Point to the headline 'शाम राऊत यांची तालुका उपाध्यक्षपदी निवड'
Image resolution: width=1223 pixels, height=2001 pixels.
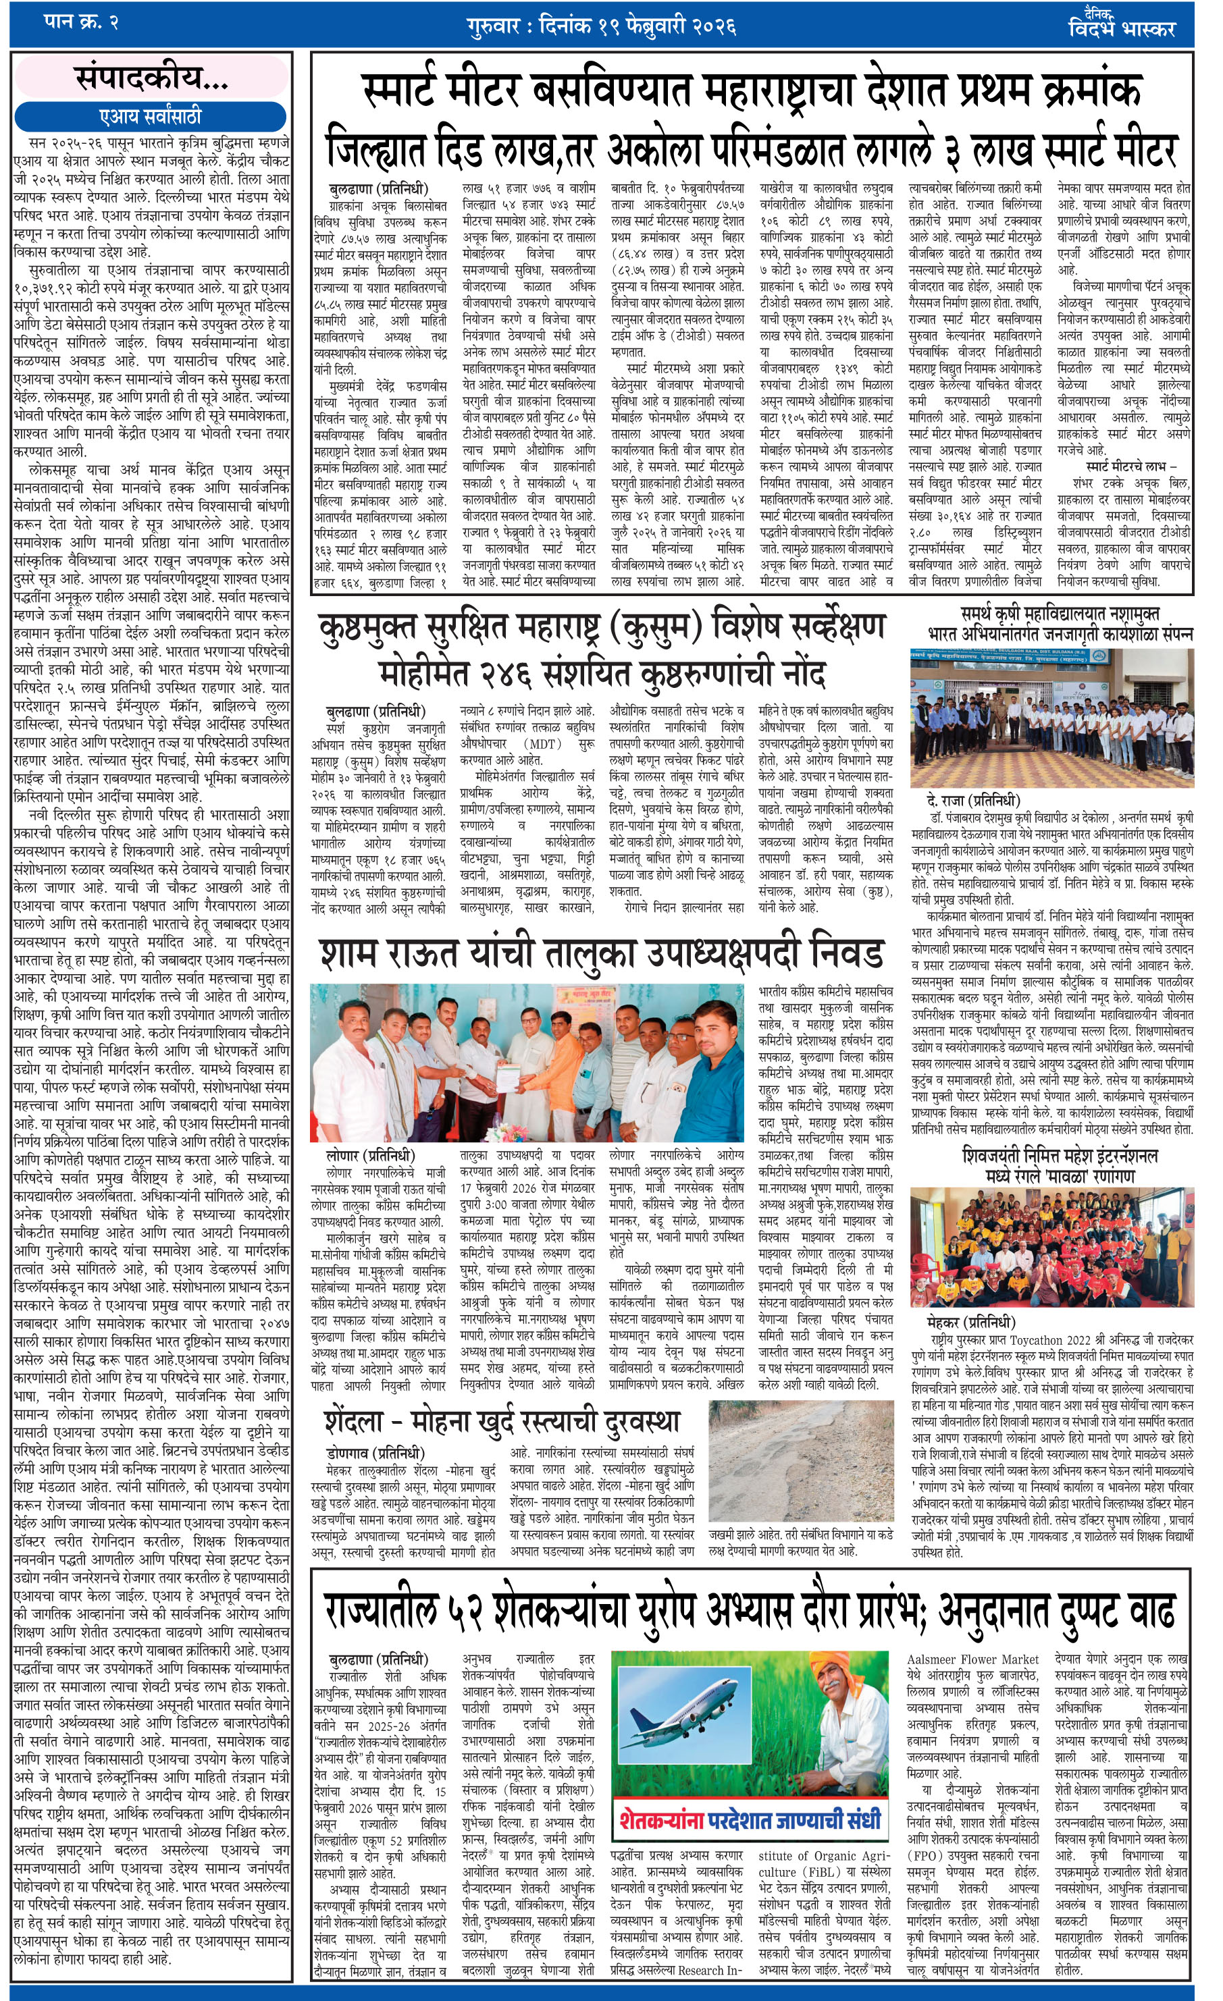(x=600, y=954)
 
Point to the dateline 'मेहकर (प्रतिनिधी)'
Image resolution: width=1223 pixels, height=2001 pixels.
(x=970, y=1321)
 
